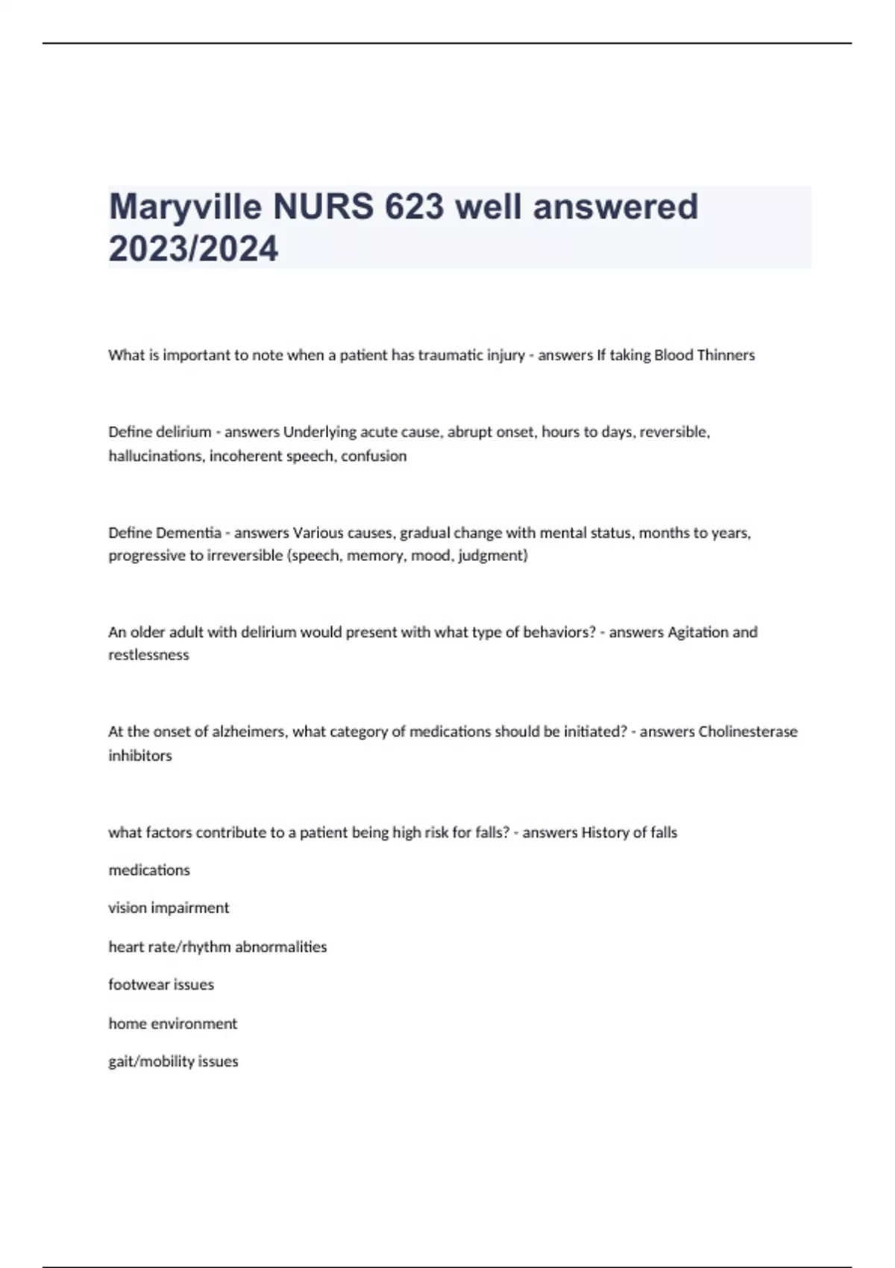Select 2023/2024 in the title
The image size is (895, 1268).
click(x=193, y=248)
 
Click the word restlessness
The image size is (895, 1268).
click(x=148, y=655)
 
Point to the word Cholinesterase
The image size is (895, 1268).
click(x=748, y=732)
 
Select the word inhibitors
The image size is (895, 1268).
click(x=140, y=756)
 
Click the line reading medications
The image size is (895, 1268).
click(x=149, y=870)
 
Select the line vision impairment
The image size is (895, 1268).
click(x=169, y=908)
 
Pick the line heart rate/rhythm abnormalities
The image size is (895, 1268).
click(x=217, y=947)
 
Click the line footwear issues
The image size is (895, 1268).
click(x=161, y=985)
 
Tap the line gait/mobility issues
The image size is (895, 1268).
click(x=173, y=1061)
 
